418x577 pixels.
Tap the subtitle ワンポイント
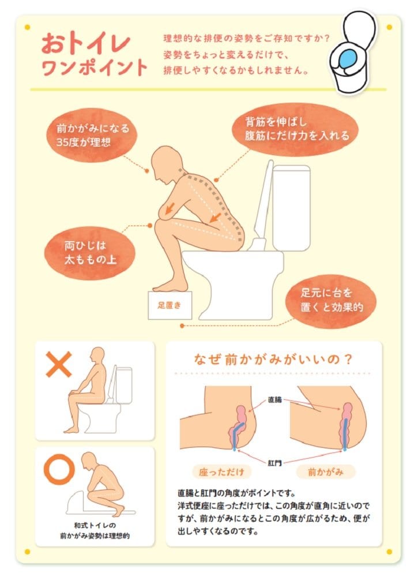point(95,68)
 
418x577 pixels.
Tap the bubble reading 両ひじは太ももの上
point(90,252)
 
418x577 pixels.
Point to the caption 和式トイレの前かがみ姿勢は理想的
point(95,530)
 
